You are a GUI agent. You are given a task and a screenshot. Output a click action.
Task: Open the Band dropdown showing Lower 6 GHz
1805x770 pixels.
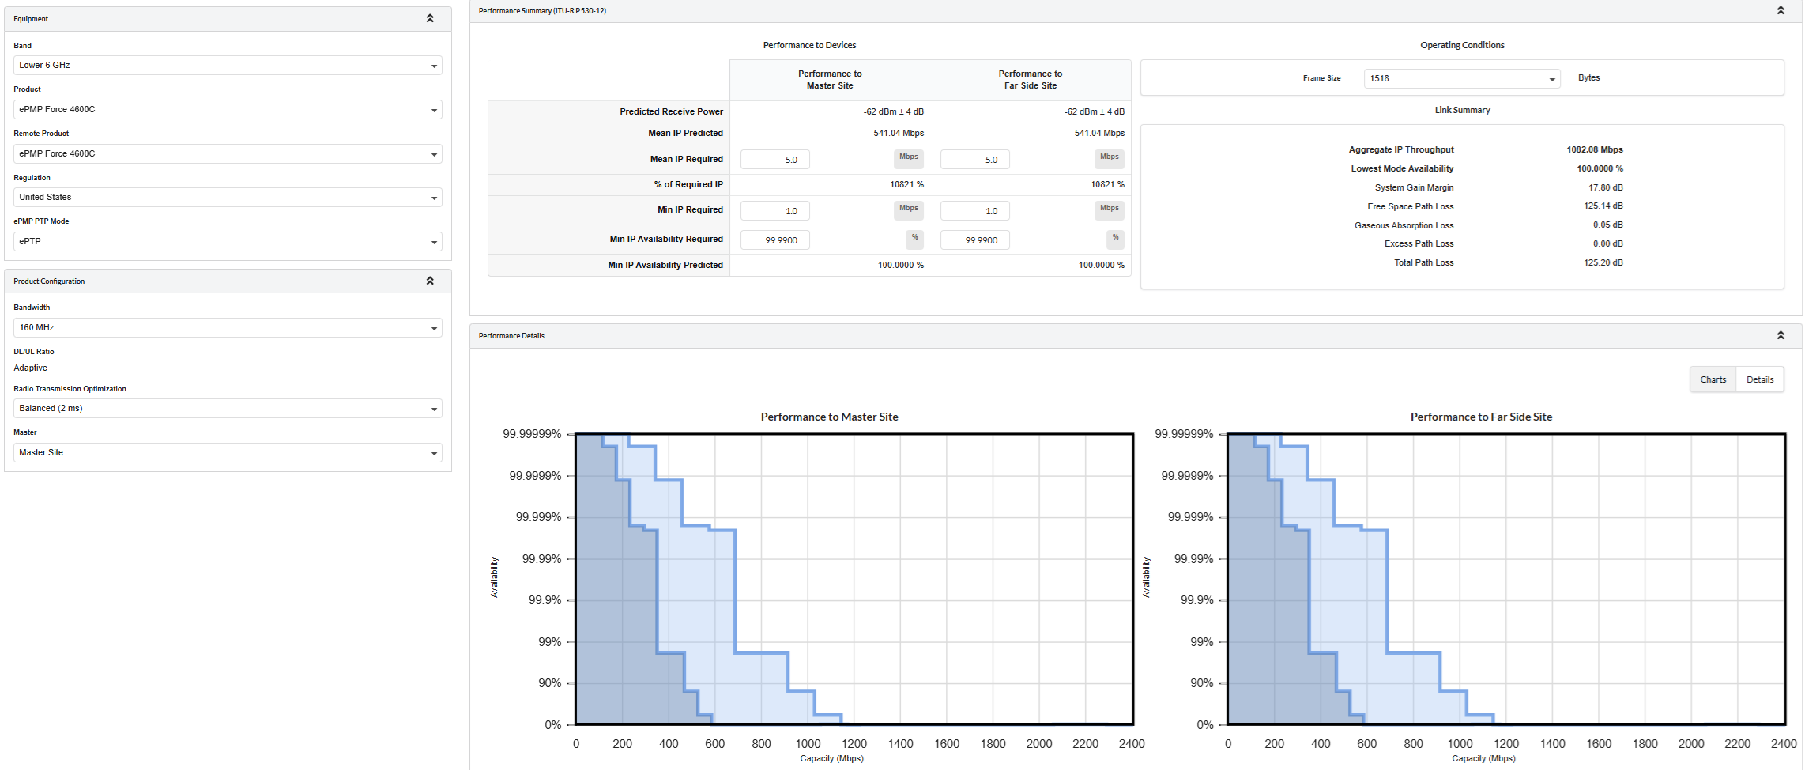[x=228, y=66]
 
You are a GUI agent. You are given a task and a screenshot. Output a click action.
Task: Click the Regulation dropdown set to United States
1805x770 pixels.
[x=228, y=198]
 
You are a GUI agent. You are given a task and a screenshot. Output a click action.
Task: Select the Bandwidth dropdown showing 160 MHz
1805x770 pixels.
[x=228, y=328]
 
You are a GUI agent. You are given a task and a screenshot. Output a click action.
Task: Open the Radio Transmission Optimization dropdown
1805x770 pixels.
[x=228, y=409]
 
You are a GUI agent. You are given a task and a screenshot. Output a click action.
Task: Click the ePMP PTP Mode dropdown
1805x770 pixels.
[x=228, y=242]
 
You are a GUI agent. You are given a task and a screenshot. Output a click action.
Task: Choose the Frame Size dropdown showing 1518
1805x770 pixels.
[x=1462, y=79]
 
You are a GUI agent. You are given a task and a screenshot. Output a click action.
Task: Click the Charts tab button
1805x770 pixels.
[x=1713, y=379]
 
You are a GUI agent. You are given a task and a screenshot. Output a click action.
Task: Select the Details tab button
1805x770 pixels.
[x=1760, y=379]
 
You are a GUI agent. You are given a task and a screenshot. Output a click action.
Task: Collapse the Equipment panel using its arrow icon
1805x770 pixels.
[x=430, y=18]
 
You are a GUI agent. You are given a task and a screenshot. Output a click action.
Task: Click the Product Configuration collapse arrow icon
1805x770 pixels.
[x=430, y=281]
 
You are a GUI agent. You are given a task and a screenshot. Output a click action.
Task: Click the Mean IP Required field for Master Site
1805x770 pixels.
[x=775, y=160]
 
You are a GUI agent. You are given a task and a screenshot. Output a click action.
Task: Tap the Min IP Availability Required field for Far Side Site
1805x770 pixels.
[x=975, y=240]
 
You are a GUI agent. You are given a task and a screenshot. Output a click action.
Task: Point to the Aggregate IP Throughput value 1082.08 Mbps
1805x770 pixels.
[x=1595, y=149]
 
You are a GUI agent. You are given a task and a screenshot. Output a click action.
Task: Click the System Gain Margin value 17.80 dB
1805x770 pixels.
[x=1606, y=187]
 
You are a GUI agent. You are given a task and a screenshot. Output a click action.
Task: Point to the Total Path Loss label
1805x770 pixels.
[x=1424, y=262]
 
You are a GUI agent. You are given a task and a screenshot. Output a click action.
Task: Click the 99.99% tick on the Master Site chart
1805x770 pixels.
[x=541, y=559]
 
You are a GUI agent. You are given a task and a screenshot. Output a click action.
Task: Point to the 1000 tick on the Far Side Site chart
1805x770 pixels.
[x=1460, y=744]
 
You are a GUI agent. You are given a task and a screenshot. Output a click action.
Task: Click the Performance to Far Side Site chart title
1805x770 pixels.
[x=1481, y=417]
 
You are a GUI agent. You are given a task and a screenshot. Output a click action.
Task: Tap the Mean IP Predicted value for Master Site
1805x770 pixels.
[x=899, y=133]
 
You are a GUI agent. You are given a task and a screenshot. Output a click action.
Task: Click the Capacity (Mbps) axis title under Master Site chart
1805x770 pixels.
[x=831, y=758]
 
